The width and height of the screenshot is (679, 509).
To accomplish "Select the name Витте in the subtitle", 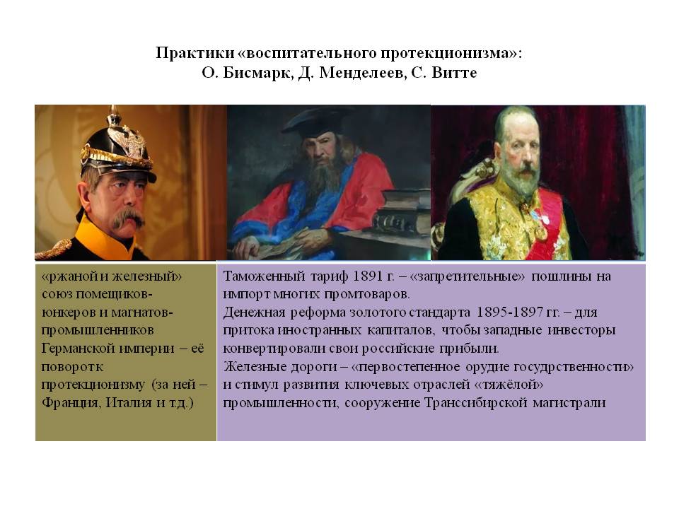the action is pos(454,72).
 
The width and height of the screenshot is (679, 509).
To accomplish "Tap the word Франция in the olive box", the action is pos(72,403).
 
